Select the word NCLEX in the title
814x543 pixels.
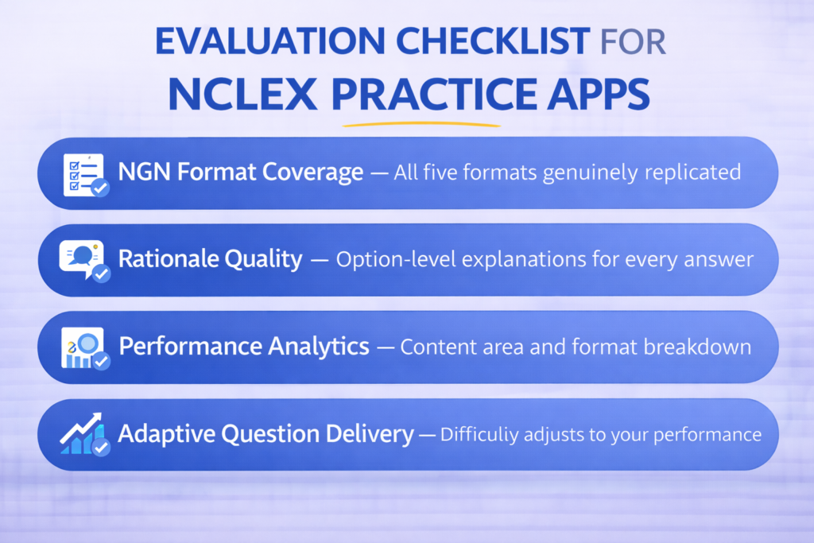[x=242, y=95]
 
